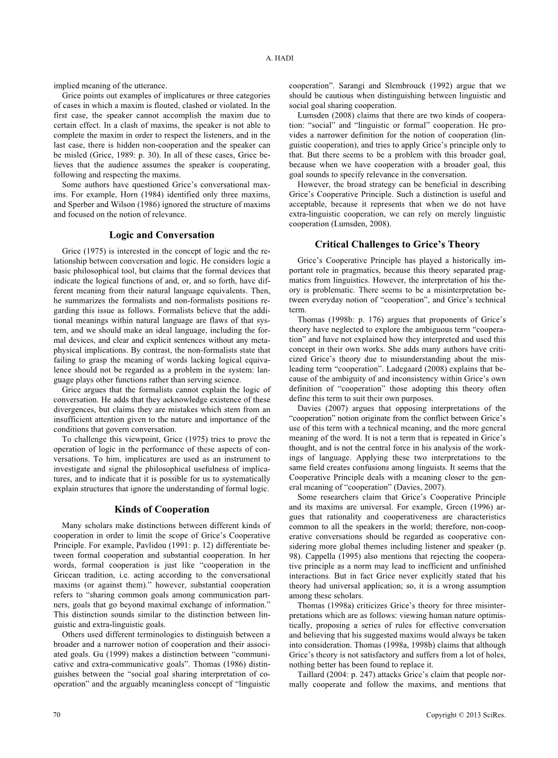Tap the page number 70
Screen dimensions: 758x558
[x=57, y=715]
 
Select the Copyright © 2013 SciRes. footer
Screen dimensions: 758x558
[x=466, y=715]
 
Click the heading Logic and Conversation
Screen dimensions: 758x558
[x=162, y=235]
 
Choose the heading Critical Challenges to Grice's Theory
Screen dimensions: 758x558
[x=397, y=244]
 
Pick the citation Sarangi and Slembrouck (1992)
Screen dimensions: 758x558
[x=392, y=86]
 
